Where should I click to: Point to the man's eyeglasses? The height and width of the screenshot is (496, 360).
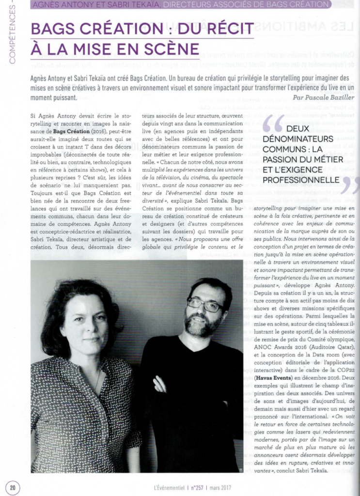(204, 305)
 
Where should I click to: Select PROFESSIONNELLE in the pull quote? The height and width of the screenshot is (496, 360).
(301, 180)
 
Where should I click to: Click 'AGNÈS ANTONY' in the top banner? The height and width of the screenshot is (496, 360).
(60, 5)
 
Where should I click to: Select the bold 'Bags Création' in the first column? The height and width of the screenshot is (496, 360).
(71, 131)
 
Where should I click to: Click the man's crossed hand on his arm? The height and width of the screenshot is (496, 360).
(160, 384)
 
